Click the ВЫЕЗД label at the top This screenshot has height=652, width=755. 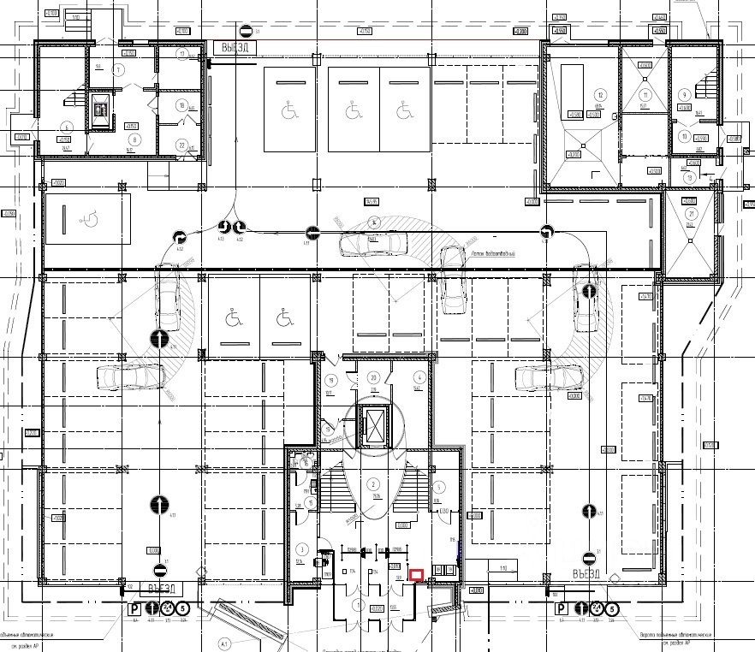(232, 48)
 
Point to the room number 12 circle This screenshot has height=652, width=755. (601, 94)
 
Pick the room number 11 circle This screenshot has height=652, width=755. (685, 136)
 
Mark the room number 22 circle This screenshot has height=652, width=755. (181, 145)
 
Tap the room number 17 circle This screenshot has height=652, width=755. (182, 54)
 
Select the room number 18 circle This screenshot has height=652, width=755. (181, 105)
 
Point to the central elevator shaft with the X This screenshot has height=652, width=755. (374, 424)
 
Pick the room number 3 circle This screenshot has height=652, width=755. (302, 548)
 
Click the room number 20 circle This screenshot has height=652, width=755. (373, 377)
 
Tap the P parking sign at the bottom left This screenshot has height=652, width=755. (134, 609)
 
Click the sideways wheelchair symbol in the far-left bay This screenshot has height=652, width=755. (87, 218)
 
